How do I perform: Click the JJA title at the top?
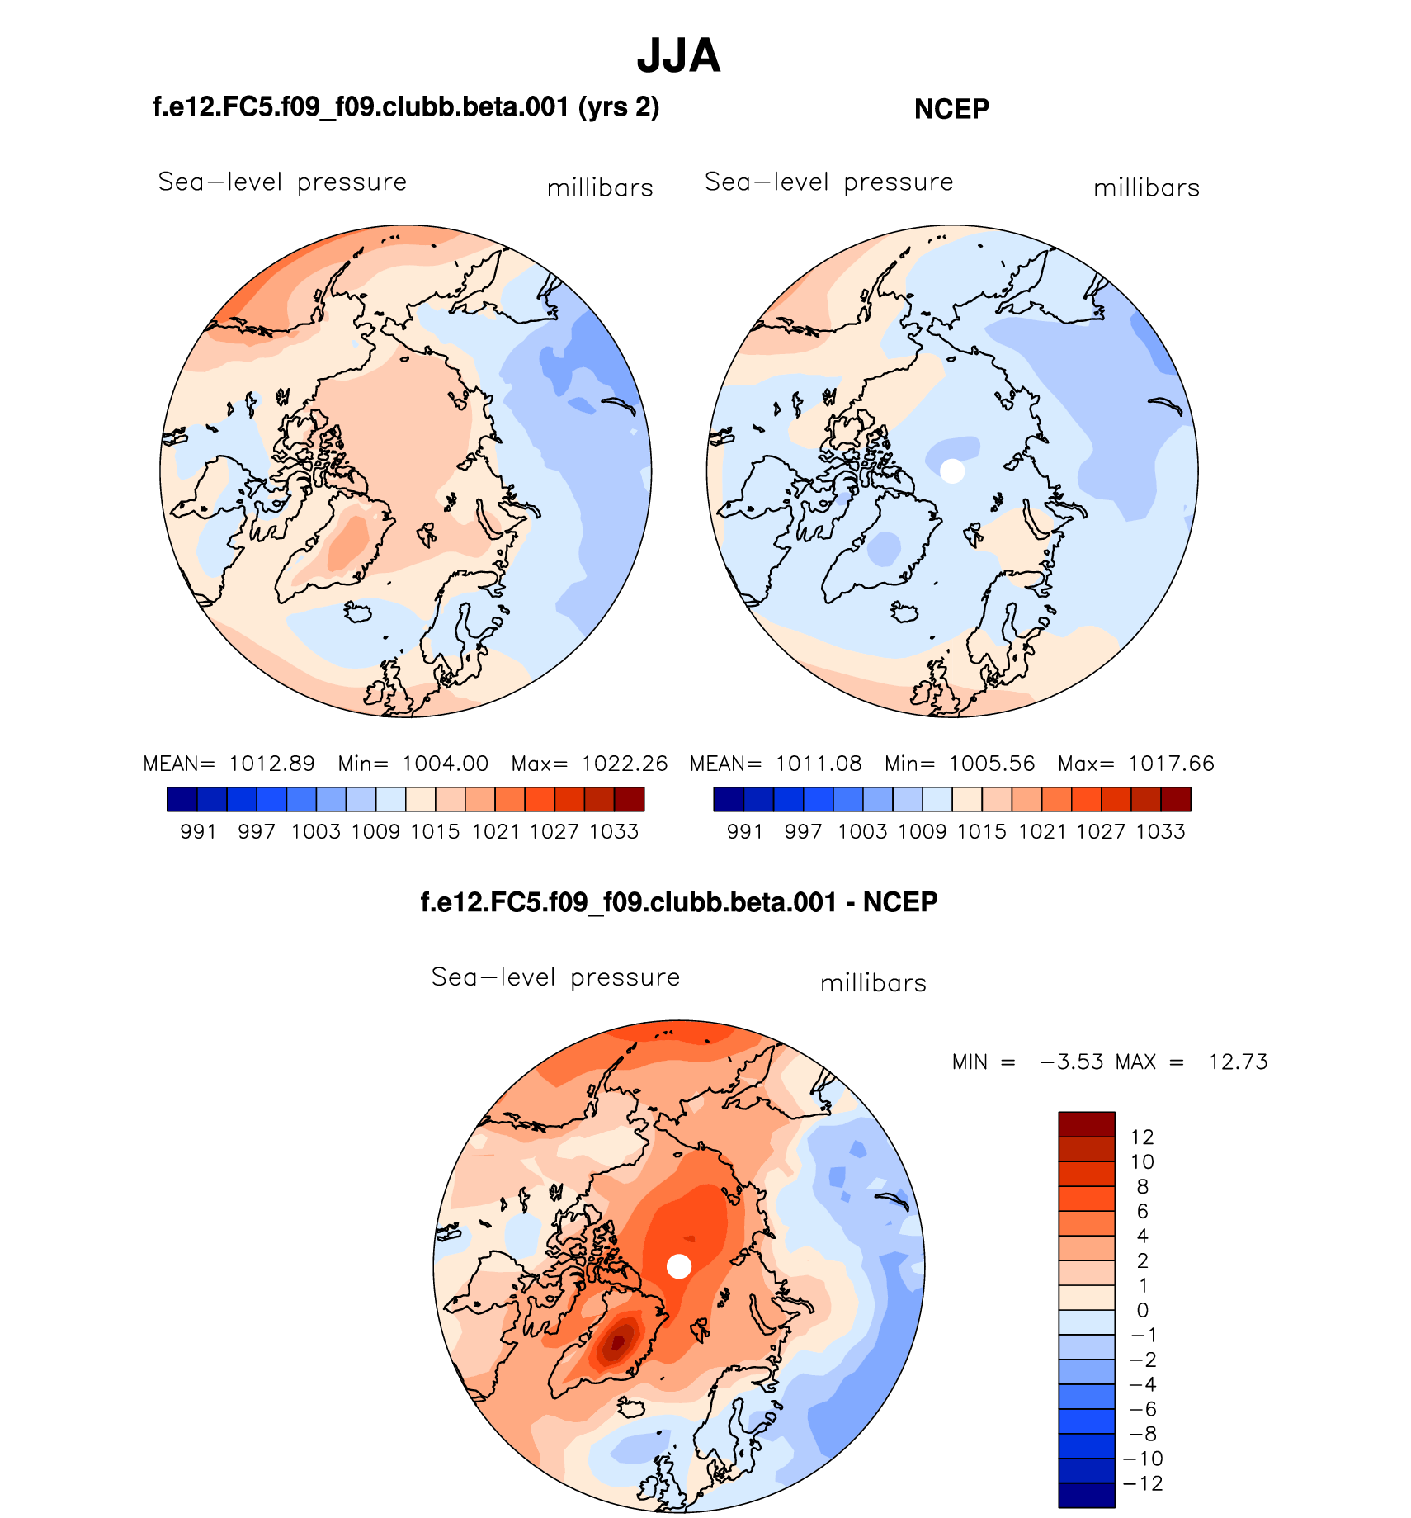678,56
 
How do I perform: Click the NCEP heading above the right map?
951,109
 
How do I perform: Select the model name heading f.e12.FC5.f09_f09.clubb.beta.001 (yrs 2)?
406,106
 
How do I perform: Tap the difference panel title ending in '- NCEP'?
678,901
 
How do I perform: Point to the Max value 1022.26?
625,764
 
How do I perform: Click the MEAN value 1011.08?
819,764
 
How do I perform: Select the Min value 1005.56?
991,764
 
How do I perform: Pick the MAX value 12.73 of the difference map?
1238,1062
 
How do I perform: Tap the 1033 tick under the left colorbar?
614,832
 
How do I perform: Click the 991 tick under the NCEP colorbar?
744,832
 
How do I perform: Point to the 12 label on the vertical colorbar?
1142,1137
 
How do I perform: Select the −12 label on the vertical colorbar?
1143,1483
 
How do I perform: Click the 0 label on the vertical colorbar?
1142,1310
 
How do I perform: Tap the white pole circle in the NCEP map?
952,471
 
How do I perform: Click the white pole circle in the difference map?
678,1266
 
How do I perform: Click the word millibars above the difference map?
873,983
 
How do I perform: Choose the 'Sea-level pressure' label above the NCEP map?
828,182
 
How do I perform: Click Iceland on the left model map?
359,612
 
